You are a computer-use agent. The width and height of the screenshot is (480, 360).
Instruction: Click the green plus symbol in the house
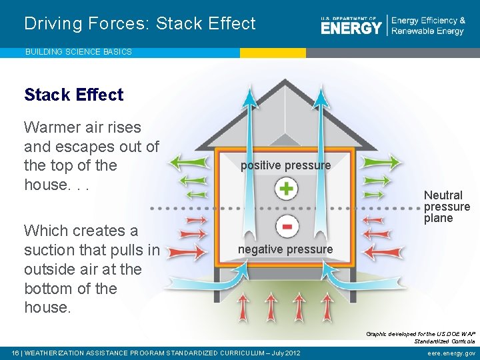click(x=286, y=189)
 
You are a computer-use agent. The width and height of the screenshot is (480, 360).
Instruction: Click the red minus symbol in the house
click(x=286, y=227)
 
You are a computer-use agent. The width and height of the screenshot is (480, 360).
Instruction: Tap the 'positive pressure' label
click(x=285, y=165)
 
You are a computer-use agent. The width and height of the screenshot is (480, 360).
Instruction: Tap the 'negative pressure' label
click(x=285, y=249)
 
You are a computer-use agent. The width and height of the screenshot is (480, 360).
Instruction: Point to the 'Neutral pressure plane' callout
click(x=446, y=207)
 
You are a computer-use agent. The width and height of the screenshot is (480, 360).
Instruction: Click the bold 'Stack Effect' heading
click(x=74, y=95)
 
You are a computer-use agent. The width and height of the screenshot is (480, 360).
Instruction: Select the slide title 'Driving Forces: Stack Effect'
click(x=140, y=24)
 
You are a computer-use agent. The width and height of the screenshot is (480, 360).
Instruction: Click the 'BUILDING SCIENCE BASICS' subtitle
click(x=79, y=52)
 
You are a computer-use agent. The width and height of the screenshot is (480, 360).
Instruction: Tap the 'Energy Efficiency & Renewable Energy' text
click(x=428, y=26)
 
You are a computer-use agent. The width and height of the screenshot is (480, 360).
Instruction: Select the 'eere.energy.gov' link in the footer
click(x=452, y=353)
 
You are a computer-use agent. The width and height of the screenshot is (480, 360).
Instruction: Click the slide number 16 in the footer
click(x=15, y=353)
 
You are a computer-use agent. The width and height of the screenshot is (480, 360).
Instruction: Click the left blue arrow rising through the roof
click(x=251, y=107)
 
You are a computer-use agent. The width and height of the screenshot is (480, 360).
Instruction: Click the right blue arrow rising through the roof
click(x=321, y=107)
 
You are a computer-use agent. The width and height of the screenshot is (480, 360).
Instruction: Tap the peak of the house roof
click(x=285, y=82)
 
